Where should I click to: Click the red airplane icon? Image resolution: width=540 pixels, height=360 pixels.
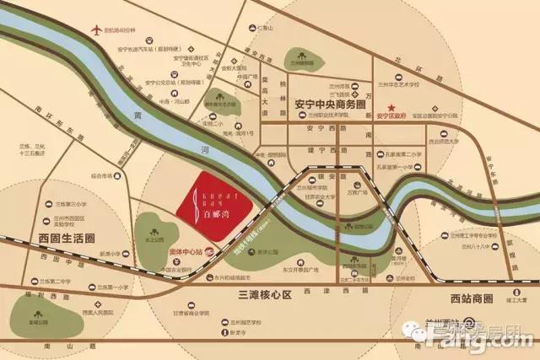tap(94, 32)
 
